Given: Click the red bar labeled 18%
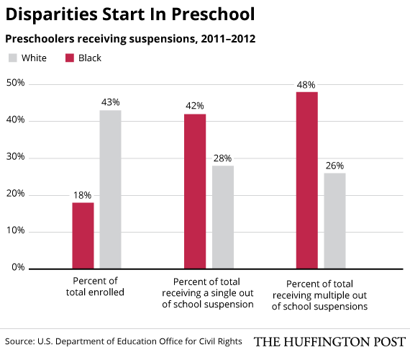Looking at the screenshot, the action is pos(83,235).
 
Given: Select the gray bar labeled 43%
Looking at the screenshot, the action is pos(110,189).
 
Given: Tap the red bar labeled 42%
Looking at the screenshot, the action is pos(195,192).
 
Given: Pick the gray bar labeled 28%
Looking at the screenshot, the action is pos(223,217).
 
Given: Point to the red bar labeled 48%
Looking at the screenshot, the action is pos(307,181).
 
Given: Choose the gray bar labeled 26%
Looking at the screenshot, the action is pos(334,221).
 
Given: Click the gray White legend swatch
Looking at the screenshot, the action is pos(12,58).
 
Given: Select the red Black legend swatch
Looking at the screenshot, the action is pos(70,58).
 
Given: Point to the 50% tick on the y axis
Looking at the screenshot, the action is pos(15,83).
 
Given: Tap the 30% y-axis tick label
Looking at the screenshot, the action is pos(15,156).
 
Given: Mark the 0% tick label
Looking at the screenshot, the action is pos(18,267).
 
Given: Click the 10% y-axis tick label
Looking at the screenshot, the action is pos(15,230).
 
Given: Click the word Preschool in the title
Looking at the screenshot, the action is pos(213,14).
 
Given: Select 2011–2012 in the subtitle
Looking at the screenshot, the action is pos(228,39).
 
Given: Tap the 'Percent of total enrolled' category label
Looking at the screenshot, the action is pos(95,287).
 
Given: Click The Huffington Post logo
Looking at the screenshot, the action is pos(329,342).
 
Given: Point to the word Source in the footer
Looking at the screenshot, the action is pos(20,341).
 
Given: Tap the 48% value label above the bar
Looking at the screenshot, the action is pos(306,85).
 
